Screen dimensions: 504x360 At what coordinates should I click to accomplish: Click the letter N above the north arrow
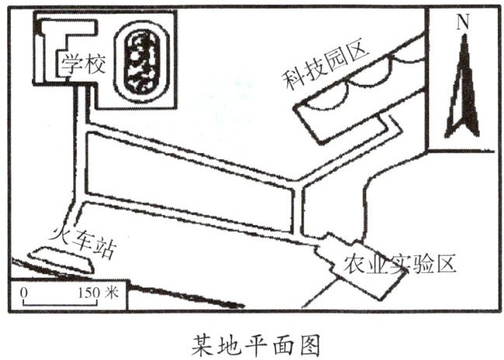pos(462,22)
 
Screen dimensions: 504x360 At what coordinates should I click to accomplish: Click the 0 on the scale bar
pos(23,293)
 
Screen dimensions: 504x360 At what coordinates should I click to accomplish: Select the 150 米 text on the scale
pos(97,293)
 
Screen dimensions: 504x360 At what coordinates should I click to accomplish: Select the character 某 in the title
pos(204,341)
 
